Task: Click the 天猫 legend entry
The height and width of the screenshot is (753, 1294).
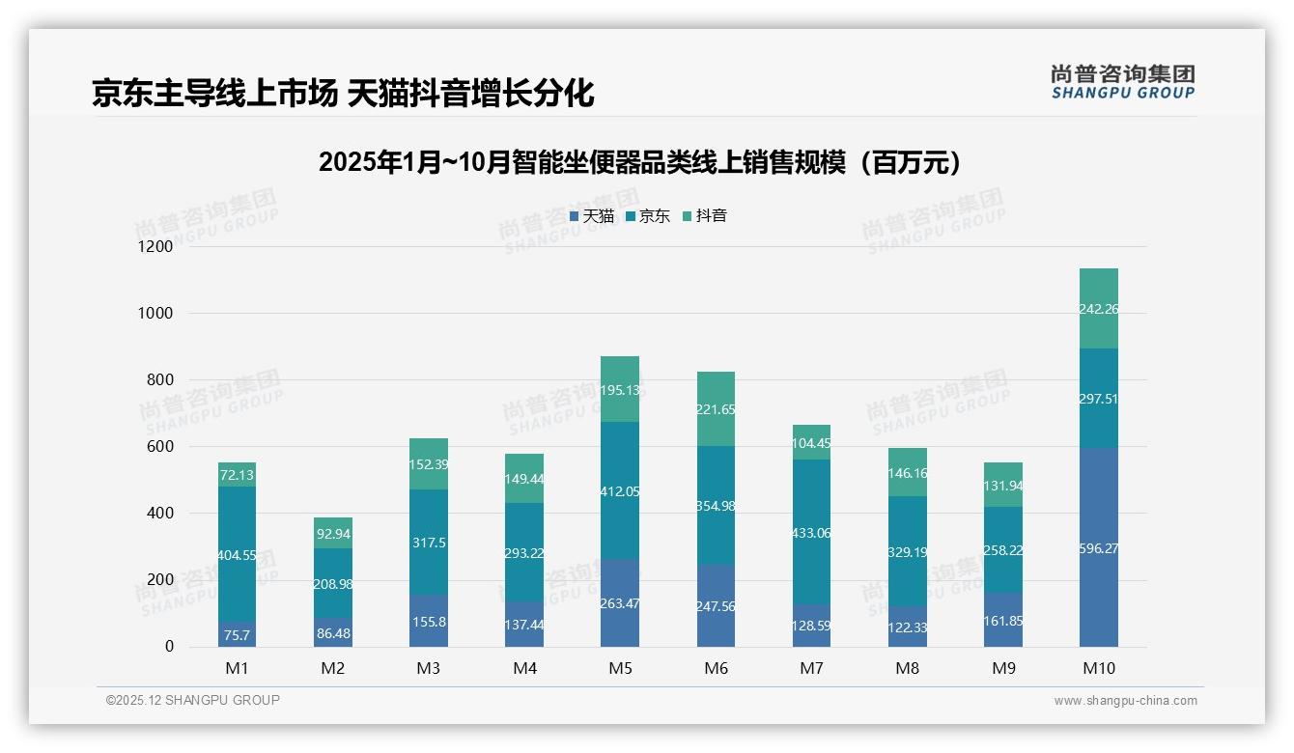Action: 592,216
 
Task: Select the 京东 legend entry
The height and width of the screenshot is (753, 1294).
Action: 648,216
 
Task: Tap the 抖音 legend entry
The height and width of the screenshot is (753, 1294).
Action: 705,216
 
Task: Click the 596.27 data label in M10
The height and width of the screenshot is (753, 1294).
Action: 1099,548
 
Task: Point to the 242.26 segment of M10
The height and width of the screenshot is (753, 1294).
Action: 1099,309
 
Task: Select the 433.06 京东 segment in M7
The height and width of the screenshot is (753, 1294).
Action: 811,533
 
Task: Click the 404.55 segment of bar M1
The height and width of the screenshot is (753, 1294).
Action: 238,555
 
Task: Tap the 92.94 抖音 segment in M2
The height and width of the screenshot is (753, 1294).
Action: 333,533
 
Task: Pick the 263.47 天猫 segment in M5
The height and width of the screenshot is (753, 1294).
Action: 620,603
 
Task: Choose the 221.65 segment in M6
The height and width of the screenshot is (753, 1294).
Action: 716,409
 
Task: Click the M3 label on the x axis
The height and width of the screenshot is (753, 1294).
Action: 429,668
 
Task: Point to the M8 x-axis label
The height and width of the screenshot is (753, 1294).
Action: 908,668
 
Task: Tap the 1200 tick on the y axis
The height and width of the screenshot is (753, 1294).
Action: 155,247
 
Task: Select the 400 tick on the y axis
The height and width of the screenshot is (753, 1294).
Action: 160,514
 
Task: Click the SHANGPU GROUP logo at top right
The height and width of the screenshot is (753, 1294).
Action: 1122,82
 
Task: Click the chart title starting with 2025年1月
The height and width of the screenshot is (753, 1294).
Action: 641,162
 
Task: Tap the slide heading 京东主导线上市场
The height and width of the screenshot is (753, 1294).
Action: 343,94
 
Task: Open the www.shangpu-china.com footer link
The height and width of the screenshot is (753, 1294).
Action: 1125,701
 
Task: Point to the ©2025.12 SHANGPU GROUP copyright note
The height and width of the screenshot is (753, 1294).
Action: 193,701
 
